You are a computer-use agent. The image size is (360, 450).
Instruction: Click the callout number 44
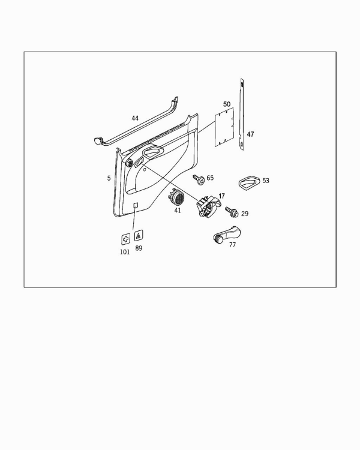135,118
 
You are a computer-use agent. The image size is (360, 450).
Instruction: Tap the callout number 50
227,104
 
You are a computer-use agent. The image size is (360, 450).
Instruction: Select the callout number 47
250,134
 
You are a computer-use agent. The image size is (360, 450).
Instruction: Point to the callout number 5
109,178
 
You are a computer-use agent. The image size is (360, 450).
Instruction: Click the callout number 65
210,178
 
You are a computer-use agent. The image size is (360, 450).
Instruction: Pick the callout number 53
266,181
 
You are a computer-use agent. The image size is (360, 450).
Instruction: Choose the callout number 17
221,196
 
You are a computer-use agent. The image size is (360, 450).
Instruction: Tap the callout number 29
245,214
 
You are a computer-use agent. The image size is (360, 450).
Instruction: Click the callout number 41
178,211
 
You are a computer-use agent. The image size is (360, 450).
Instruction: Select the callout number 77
232,245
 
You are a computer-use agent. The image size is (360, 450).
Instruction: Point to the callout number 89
139,248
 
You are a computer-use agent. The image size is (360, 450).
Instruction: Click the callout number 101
125,252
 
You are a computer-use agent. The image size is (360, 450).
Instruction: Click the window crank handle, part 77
227,234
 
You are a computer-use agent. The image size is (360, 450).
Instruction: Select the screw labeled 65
199,179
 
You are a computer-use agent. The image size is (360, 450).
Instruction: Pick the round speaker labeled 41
177,197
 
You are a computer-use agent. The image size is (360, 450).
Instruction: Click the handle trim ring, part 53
250,182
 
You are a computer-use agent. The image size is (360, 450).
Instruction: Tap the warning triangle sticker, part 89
139,236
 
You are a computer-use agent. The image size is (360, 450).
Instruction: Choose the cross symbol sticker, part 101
125,239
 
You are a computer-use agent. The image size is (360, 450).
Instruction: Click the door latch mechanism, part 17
208,205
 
